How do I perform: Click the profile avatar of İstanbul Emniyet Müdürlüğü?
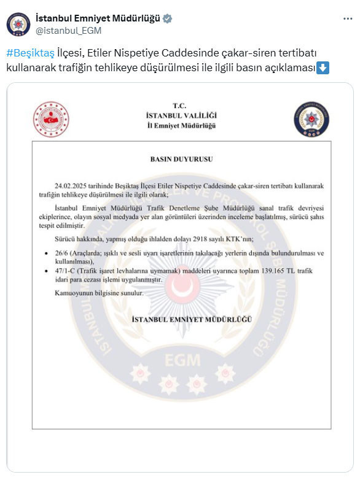(x=18, y=23)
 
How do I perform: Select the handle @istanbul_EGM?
(x=69, y=30)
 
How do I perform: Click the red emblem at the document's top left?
(x=52, y=119)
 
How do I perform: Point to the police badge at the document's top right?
(x=311, y=119)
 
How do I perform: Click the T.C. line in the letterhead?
(x=181, y=106)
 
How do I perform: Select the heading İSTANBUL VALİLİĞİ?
(x=181, y=115)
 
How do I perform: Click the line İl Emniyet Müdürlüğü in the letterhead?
(x=181, y=125)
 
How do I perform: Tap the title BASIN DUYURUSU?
(x=181, y=158)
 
